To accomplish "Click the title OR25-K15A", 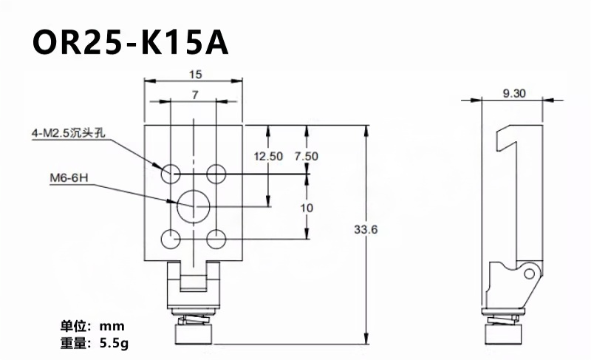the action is [x=131, y=42].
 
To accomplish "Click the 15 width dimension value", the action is [x=195, y=74].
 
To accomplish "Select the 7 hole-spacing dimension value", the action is [x=195, y=95].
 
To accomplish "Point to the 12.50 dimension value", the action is [x=268, y=156].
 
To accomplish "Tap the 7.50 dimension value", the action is [x=306, y=156].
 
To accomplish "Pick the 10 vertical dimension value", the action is [x=307, y=207].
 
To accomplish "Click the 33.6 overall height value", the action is [x=366, y=229].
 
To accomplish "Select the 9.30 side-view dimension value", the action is [x=514, y=93].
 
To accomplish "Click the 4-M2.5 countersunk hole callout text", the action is [x=68, y=133].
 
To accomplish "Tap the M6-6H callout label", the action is [x=69, y=177].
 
